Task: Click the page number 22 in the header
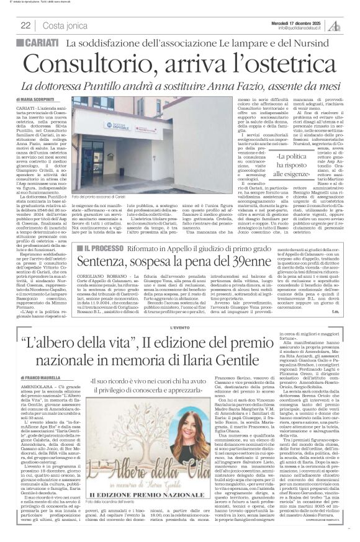(x=26, y=25)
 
